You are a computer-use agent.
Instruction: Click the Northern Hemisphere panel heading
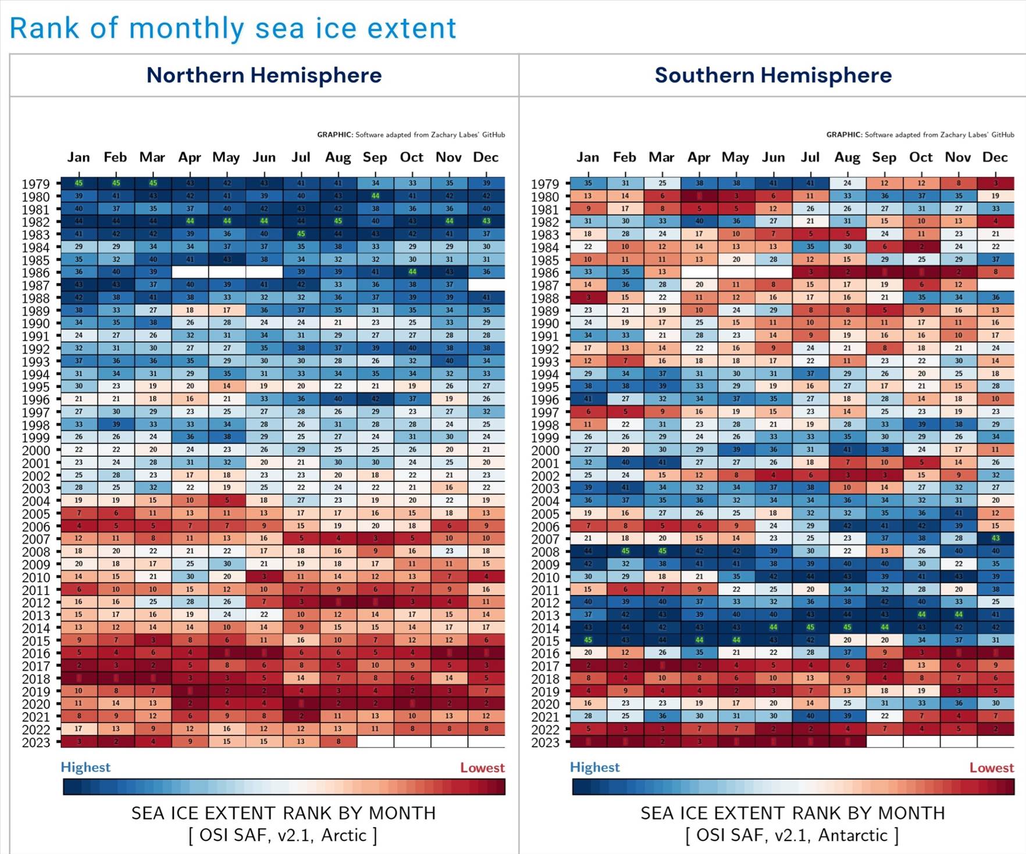tap(264, 75)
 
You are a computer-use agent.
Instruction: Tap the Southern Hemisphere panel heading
tap(773, 75)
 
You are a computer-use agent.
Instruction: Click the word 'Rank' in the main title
tap(44, 29)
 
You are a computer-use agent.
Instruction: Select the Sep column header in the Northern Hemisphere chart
tap(375, 157)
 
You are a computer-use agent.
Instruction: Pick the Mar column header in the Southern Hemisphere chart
tap(661, 157)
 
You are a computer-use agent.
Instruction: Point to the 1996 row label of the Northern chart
tap(36, 400)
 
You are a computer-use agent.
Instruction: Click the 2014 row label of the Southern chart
tap(545, 628)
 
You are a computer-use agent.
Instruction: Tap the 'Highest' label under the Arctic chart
tap(85, 767)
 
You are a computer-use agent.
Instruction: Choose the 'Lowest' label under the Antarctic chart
tap(991, 768)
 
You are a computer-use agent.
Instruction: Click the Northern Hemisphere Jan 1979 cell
tap(79, 183)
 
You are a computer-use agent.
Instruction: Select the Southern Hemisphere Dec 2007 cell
tap(995, 539)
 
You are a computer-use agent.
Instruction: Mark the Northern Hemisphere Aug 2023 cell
tap(338, 742)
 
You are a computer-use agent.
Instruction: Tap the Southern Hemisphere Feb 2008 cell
tap(625, 551)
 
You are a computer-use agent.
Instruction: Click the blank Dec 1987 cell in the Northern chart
tap(486, 285)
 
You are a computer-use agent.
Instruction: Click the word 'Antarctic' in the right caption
tap(853, 835)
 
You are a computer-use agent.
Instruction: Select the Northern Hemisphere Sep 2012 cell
tap(375, 602)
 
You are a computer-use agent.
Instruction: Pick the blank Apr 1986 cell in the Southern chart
tap(699, 272)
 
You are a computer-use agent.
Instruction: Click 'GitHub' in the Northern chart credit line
tap(493, 135)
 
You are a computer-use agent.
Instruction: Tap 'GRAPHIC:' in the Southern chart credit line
tap(844, 135)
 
